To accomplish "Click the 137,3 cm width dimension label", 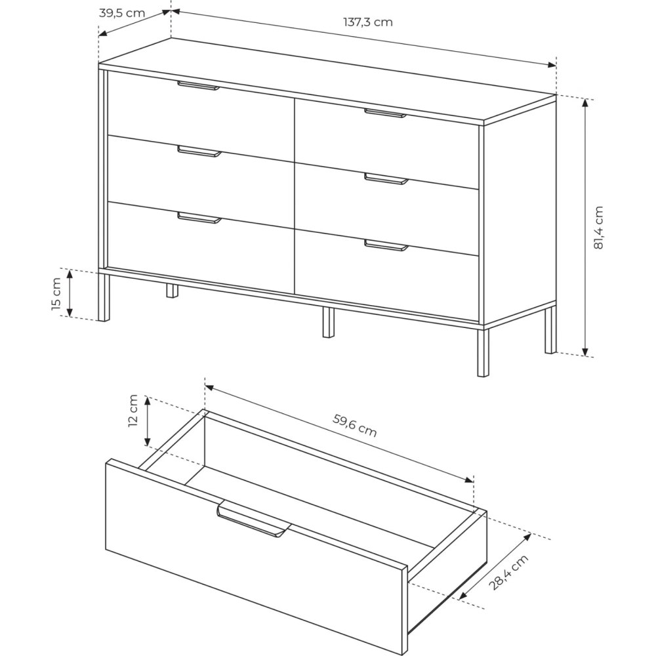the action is (368, 22).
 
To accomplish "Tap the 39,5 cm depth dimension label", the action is (122, 13).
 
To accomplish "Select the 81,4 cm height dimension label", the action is (599, 228).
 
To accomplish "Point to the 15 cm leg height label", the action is (56, 294).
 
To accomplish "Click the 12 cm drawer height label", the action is (133, 411).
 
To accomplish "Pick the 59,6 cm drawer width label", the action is (355, 425).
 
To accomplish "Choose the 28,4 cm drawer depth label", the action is (509, 572).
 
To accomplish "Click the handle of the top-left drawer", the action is (198, 85).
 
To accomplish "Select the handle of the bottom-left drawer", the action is (199, 218).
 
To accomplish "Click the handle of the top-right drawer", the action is (385, 113).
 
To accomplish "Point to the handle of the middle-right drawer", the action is (386, 178).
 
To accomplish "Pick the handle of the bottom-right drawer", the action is (386, 245).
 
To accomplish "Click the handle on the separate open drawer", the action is (253, 519).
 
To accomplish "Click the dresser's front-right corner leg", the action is (483, 352).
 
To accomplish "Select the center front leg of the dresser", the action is (329, 322).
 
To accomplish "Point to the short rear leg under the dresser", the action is (172, 291).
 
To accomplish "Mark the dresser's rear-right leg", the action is (550, 330).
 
